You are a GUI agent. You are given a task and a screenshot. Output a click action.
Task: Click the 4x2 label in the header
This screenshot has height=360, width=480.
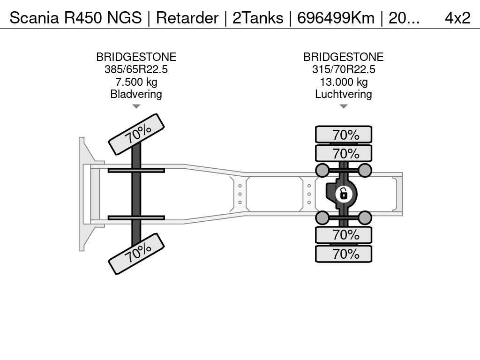[x=457, y=18]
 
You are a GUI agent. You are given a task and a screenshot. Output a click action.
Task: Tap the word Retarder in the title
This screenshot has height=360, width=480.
[x=187, y=18]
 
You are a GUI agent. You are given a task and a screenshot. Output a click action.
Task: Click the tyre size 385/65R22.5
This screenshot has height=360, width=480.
[x=136, y=69]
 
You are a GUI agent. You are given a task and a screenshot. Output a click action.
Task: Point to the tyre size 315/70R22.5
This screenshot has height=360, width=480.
[x=344, y=69]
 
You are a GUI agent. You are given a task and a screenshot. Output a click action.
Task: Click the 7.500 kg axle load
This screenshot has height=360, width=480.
[x=136, y=82]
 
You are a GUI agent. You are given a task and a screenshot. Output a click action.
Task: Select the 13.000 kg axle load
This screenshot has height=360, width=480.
[x=344, y=82]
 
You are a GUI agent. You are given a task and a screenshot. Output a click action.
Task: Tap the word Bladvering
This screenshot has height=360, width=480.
[x=136, y=94]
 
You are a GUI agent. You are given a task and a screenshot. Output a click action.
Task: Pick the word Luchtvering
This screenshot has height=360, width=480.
[x=344, y=94]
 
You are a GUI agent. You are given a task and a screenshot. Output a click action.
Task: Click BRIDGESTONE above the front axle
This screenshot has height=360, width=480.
[x=136, y=57]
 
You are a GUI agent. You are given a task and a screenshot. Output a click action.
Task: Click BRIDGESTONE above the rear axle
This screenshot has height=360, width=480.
[x=344, y=57]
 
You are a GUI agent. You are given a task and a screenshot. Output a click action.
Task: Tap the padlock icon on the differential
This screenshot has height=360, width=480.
[x=344, y=193]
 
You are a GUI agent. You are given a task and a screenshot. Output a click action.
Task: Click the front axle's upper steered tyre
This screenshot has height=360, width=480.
[x=136, y=134]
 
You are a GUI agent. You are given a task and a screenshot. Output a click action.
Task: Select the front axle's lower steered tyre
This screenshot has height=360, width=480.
[x=136, y=254]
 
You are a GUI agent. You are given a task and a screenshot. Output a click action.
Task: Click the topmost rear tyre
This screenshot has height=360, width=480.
[x=344, y=135]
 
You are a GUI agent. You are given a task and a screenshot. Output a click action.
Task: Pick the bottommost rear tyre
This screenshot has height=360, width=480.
[x=344, y=254]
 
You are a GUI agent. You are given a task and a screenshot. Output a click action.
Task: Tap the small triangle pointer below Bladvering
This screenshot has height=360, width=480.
[x=136, y=106]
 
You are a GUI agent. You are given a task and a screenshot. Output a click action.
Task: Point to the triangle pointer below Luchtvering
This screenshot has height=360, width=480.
[x=344, y=106]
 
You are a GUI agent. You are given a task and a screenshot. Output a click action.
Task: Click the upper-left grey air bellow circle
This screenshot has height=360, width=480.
[x=322, y=170]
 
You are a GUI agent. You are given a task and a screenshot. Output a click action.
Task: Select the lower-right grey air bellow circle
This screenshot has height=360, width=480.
[x=365, y=217]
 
